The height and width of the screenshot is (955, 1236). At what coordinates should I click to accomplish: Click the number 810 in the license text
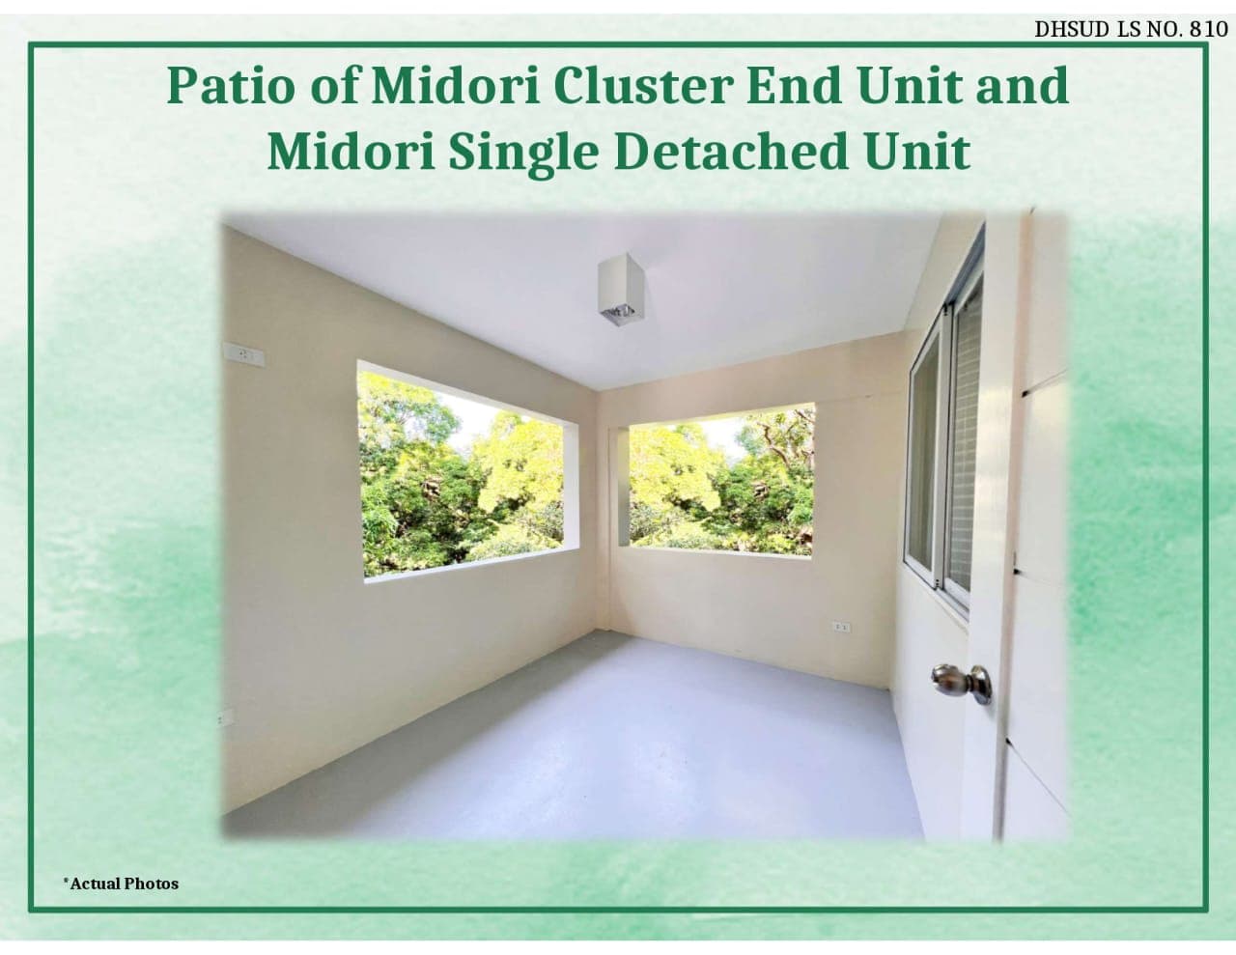pos(1208,29)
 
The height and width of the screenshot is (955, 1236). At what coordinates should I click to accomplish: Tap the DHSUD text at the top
pos(1072,29)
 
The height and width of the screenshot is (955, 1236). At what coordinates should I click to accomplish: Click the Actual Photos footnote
pos(121,884)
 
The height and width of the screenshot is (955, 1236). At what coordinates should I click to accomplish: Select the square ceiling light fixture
pos(621,290)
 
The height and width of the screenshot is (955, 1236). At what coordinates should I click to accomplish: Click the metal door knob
pos(962,683)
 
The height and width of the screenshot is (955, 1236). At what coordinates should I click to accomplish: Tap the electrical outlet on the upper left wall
pos(244,355)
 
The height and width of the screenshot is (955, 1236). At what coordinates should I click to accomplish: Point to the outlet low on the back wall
pos(842,628)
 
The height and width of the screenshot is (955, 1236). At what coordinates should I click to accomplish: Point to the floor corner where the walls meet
pos(596,631)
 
